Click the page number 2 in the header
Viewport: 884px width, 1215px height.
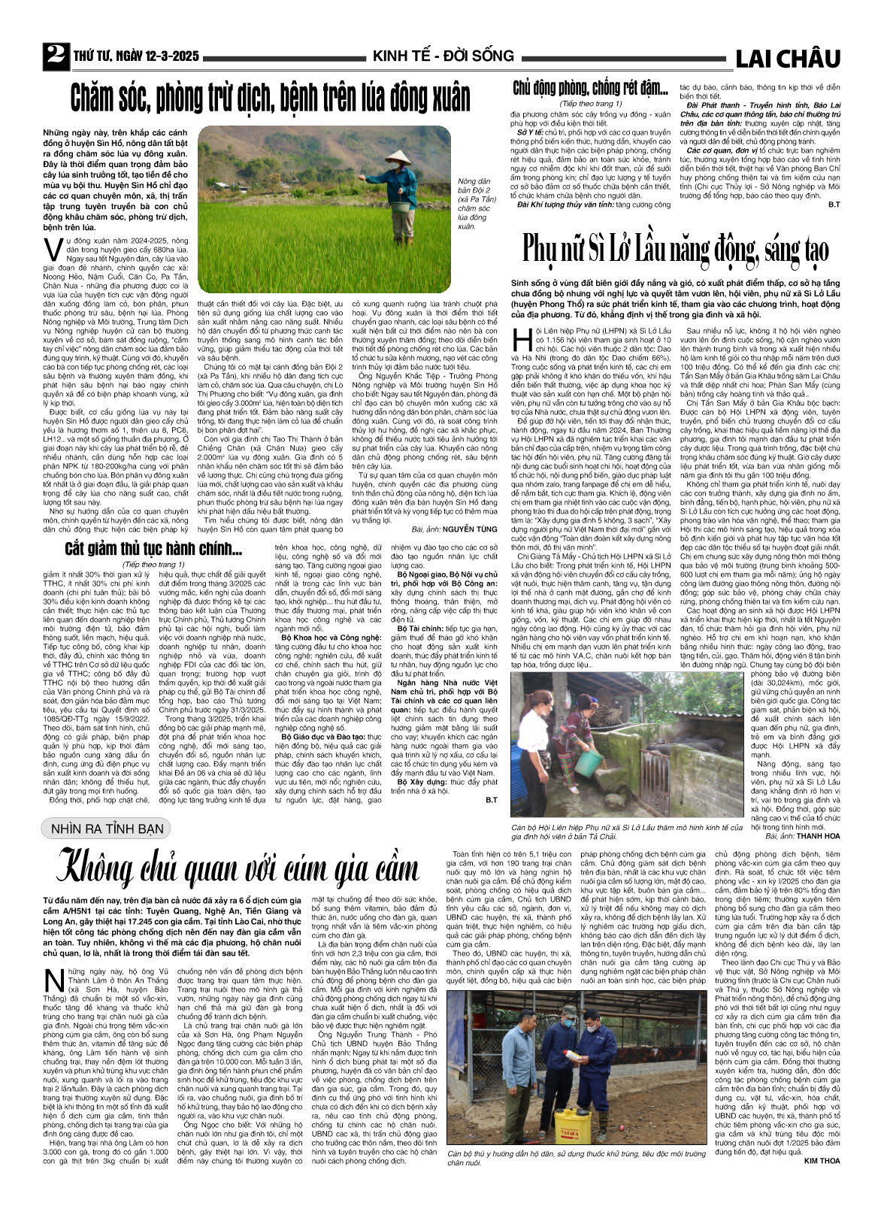(56, 56)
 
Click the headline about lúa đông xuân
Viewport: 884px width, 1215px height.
(270, 98)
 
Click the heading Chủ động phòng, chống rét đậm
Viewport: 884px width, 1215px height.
(590, 89)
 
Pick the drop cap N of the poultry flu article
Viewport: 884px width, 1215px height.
(53, 983)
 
